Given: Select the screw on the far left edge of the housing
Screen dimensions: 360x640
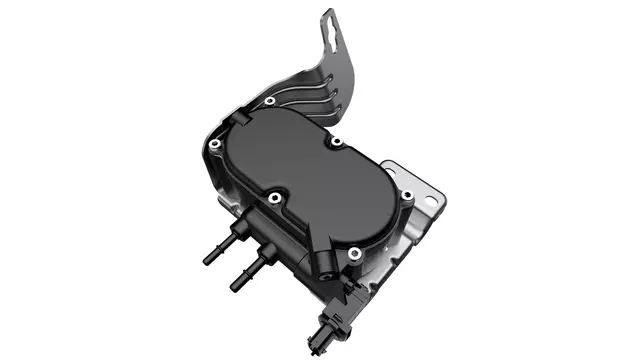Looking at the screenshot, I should coord(213,148).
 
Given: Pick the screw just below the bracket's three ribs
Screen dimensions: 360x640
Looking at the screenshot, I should coord(337,142).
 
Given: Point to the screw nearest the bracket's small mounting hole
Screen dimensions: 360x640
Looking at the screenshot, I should coord(406,194).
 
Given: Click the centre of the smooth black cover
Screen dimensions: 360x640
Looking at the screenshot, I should coord(310,185).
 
